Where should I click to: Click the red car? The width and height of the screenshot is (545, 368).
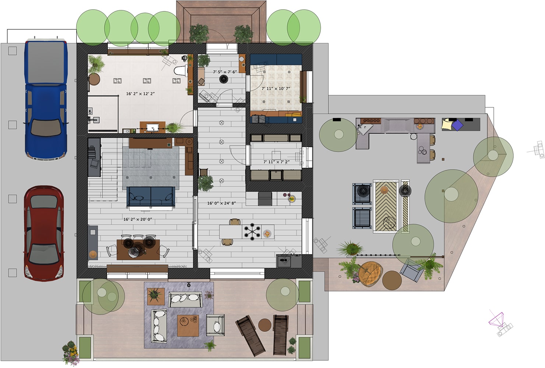click(x=44, y=234)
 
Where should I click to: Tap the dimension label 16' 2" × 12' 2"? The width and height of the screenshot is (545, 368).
click(x=140, y=93)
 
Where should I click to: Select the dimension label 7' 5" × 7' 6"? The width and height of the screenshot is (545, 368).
click(x=225, y=72)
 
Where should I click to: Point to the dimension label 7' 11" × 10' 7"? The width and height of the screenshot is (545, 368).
click(x=276, y=89)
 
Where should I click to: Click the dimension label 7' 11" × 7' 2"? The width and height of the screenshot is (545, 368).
click(x=277, y=162)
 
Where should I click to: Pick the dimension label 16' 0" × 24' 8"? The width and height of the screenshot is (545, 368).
click(x=221, y=203)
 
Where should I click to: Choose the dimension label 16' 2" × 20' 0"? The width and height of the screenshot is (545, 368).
click(x=138, y=219)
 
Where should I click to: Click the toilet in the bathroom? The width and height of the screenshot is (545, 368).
click(x=181, y=70)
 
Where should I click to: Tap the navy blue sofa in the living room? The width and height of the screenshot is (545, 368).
click(x=151, y=197)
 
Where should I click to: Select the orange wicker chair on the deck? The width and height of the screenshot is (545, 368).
click(x=370, y=274)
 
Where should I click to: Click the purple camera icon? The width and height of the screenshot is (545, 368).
click(x=496, y=319)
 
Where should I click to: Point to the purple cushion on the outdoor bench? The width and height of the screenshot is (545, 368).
click(x=457, y=125)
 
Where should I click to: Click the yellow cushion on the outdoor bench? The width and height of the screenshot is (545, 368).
click(x=447, y=124)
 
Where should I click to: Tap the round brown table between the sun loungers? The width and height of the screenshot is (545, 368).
click(x=265, y=325)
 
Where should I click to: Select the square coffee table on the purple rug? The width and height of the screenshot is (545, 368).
click(x=188, y=326)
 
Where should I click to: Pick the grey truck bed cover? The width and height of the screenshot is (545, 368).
click(x=46, y=63)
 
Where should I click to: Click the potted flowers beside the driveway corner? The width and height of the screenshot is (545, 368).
click(x=71, y=353)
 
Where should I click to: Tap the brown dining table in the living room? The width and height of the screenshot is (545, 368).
click(x=138, y=250)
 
